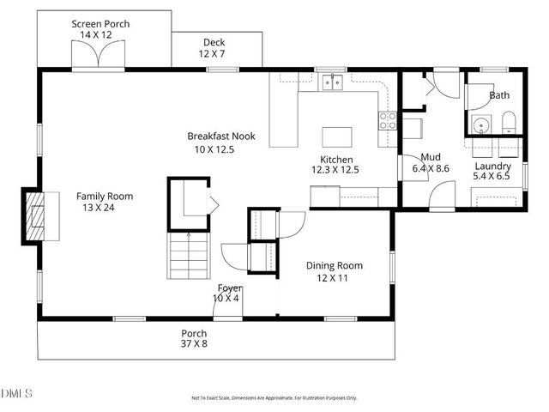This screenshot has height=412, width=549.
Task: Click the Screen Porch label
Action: [x=100, y=24]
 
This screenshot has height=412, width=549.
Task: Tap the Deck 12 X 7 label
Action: [x=214, y=43]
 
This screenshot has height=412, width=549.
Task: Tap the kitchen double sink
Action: [x=331, y=82]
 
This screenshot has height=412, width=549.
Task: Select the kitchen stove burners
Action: [x=388, y=119]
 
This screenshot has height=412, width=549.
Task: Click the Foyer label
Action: [x=229, y=288]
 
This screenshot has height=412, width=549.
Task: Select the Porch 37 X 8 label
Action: [x=193, y=333]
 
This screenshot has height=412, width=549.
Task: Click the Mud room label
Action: [x=431, y=158]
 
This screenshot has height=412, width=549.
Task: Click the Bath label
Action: [x=499, y=95]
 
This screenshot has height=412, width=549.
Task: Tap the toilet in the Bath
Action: [x=507, y=123]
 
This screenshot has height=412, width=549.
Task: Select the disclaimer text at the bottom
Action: [x=274, y=397]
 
